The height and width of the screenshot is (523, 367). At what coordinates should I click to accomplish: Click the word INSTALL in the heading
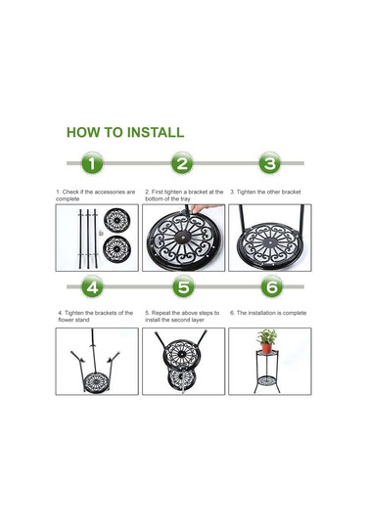click(x=156, y=132)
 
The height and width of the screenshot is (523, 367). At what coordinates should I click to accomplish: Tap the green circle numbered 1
click(x=92, y=163)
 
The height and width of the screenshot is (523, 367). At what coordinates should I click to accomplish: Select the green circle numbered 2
click(x=182, y=163)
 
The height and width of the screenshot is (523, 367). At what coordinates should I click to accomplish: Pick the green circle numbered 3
click(x=270, y=163)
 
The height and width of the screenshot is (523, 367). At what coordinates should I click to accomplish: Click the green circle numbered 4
click(x=92, y=286)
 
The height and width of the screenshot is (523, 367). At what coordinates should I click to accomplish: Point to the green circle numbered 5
click(x=184, y=286)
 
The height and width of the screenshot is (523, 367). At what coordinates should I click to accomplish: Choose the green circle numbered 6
click(x=272, y=286)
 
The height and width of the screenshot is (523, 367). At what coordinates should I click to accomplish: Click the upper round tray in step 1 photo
click(x=116, y=221)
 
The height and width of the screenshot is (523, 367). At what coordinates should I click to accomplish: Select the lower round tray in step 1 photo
click(x=116, y=248)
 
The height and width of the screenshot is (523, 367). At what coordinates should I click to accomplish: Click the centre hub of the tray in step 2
click(x=184, y=237)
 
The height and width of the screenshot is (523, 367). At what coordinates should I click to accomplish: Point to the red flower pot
click(x=267, y=348)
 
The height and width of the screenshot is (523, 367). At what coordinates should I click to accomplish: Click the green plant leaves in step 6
click(x=266, y=336)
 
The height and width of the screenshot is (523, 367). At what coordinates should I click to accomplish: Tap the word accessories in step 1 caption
click(x=111, y=192)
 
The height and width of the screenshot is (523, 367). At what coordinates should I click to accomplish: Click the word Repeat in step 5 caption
click(x=161, y=313)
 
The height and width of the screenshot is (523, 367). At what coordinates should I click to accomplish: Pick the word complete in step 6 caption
click(x=295, y=313)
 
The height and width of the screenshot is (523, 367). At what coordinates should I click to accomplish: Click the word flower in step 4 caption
click(x=67, y=320)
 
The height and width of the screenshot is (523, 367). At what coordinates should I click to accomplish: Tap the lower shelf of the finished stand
click(x=268, y=380)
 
